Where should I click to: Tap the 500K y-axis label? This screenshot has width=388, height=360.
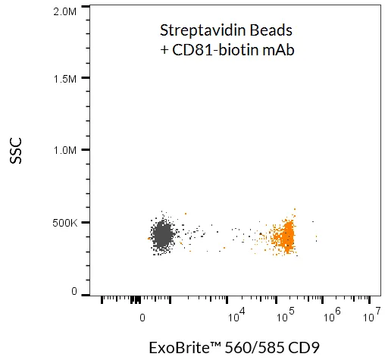65,223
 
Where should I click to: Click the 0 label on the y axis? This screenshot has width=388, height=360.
74,292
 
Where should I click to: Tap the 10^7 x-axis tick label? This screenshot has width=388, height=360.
371,312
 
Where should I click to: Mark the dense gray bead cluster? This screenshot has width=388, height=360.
162,236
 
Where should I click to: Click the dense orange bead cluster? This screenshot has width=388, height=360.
285,237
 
